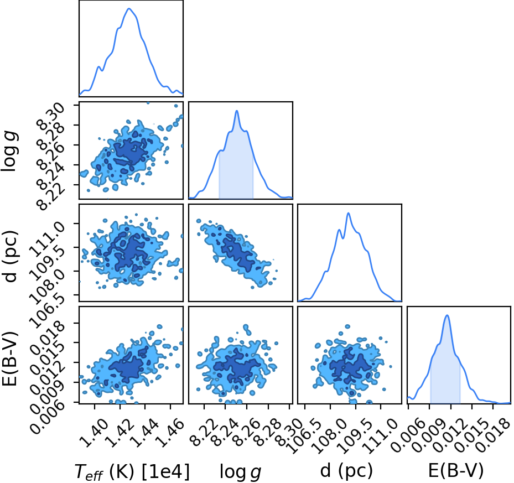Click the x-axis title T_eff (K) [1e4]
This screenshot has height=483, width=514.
coord(132,472)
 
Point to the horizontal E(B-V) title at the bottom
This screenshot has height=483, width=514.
coord(456,471)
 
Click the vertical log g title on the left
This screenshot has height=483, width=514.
coord(10,151)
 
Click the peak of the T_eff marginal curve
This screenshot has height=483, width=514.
coord(129,8)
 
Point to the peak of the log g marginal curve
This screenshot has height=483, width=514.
coord(237,111)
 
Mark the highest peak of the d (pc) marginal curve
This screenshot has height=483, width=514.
coord(349,213)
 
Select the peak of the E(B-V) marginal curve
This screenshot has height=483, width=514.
coord(447,315)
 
